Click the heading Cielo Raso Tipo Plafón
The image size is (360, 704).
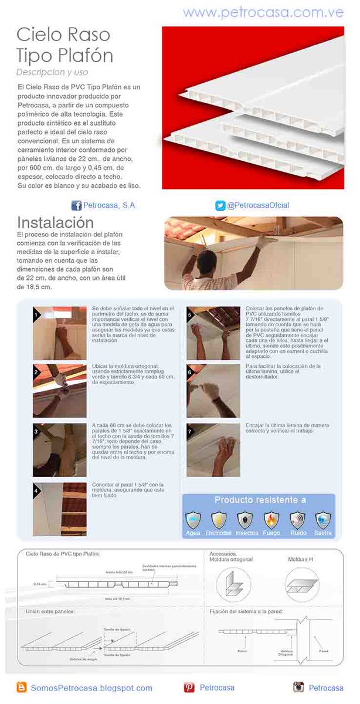[64, 45]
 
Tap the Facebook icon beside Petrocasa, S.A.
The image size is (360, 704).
[76, 205]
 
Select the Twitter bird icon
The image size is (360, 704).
[220, 205]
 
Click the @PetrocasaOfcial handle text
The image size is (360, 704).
[258, 205]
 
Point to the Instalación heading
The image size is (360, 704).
[55, 223]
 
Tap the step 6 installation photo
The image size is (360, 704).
[213, 391]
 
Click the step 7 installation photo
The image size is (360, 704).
[213, 450]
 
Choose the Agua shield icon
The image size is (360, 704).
[193, 520]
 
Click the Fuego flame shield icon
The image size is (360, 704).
[271, 520]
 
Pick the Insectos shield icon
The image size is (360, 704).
[245, 520]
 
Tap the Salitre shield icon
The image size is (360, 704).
[323, 520]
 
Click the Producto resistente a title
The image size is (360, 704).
[260, 500]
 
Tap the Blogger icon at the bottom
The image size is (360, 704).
[22, 687]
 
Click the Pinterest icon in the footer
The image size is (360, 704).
[189, 687]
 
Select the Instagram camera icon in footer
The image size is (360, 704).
[298, 687]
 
